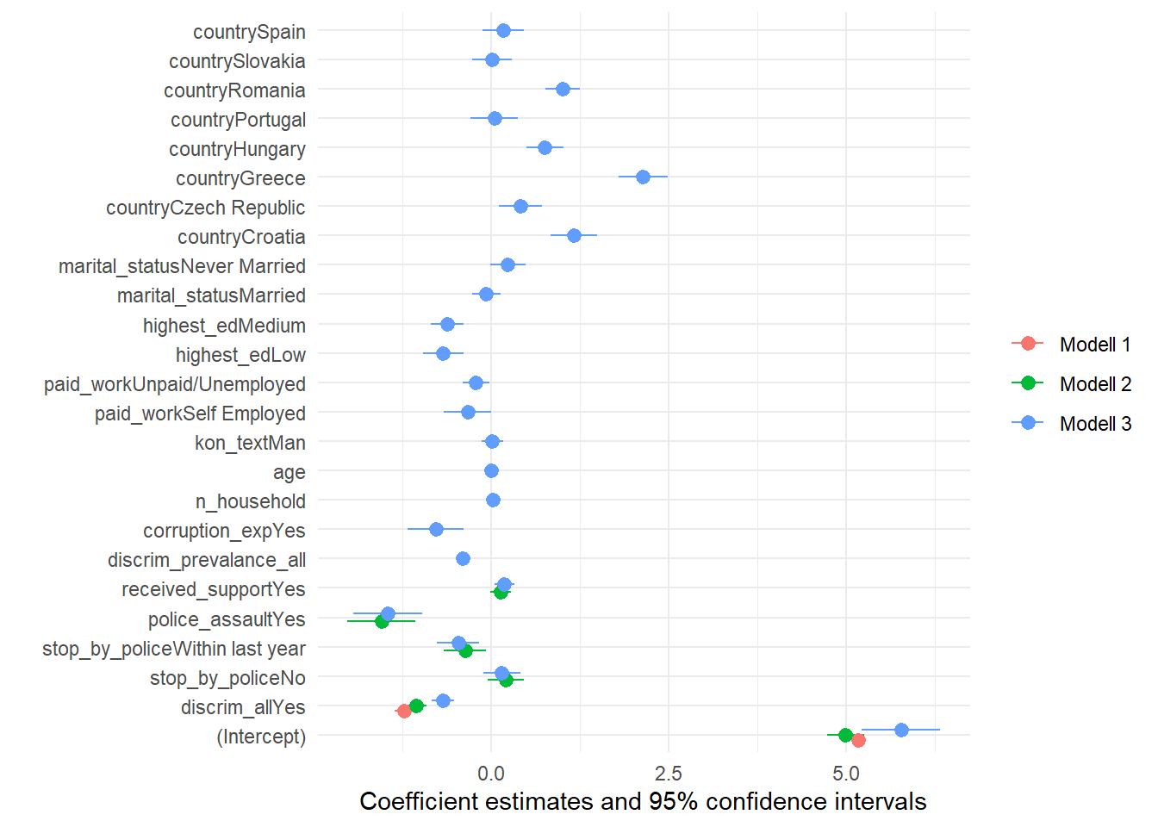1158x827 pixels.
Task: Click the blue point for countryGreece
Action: tap(643, 177)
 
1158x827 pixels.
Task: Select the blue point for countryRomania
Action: tap(563, 89)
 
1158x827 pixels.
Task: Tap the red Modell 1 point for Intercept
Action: tap(858, 740)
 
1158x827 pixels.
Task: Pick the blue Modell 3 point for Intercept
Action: tap(901, 730)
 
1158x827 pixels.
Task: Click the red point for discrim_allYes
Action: tap(404, 711)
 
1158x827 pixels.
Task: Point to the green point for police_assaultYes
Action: tap(382, 621)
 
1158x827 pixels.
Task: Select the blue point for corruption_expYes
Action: tap(436, 529)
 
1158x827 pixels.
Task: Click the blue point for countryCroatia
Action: tap(574, 235)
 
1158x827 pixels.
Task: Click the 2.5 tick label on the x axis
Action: tap(668, 773)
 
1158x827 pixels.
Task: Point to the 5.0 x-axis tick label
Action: tap(846, 773)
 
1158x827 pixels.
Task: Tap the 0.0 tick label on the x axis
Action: tap(491, 773)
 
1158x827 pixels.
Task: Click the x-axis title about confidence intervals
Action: tap(643, 802)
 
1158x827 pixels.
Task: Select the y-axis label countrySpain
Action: tap(249, 32)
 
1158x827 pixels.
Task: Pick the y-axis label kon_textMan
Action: tap(250, 443)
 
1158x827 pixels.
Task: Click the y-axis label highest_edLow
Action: tap(240, 355)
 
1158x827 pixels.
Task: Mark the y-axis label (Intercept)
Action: tap(261, 737)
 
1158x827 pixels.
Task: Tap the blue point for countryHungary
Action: tap(545, 147)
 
